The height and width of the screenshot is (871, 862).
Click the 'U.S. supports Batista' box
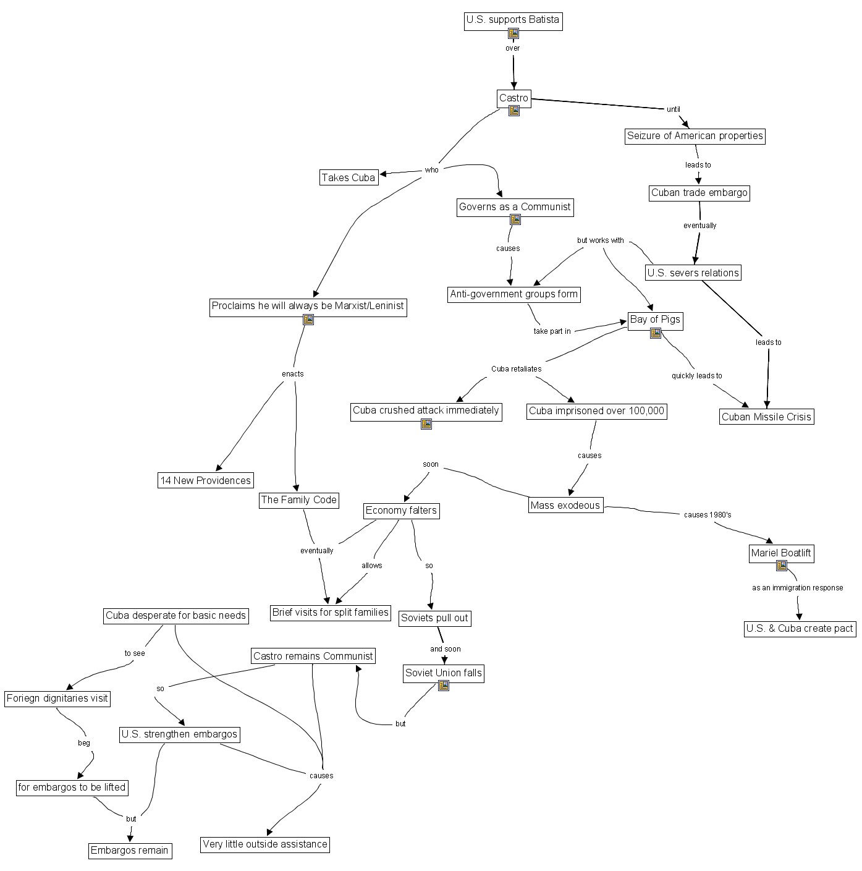[x=513, y=20]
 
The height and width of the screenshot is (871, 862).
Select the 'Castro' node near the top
[x=514, y=98]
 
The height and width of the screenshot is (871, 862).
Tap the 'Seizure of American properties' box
[x=695, y=136]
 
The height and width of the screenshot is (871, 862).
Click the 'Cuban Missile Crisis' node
[x=766, y=417]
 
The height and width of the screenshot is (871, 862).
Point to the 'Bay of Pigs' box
[x=655, y=320]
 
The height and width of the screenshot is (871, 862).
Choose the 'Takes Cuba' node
[x=349, y=177]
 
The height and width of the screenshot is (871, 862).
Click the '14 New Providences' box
[x=206, y=480]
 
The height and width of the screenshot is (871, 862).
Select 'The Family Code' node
[x=298, y=499]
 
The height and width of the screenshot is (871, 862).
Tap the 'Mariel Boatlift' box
[x=781, y=553]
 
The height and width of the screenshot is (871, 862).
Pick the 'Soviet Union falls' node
[x=444, y=673]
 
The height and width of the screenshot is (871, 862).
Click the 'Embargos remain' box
[x=129, y=850]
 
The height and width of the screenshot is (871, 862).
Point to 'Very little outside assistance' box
[x=265, y=844]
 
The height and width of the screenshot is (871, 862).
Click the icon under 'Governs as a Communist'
[x=515, y=219]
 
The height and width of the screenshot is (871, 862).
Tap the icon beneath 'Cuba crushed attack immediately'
[x=426, y=424]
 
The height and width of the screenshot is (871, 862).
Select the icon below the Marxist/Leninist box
[x=308, y=320]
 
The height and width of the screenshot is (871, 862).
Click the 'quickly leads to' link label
[x=696, y=376]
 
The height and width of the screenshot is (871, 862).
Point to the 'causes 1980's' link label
[x=708, y=514]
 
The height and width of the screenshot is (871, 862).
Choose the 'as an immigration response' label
[x=797, y=588]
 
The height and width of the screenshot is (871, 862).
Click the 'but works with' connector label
[x=600, y=240]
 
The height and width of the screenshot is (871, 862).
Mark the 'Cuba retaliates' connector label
[x=516, y=369]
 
